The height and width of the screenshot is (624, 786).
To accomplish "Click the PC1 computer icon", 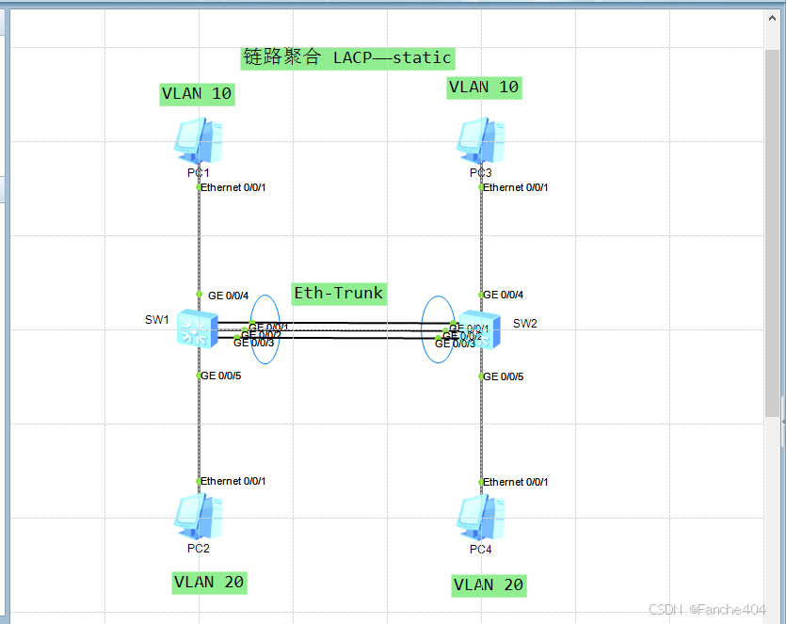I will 199,141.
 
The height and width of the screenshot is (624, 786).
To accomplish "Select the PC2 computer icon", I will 199,516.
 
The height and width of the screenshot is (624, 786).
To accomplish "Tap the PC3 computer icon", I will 481,141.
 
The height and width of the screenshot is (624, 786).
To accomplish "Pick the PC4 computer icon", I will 481,517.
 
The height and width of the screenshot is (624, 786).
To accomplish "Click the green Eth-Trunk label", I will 339,293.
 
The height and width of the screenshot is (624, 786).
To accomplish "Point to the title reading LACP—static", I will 347,57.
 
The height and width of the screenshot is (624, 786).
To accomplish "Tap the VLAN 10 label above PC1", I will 197,93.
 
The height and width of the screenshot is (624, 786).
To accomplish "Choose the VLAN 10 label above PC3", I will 484,87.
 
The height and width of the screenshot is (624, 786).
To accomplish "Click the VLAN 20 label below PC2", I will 209,582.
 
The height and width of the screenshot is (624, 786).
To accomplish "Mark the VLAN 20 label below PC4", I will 488,584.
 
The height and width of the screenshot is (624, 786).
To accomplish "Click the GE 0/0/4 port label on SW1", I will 228,296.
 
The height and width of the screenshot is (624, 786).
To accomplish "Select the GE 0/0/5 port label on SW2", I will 504,376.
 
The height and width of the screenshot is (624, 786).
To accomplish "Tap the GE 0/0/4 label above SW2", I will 504,296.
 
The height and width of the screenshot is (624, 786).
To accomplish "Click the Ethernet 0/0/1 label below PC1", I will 233,187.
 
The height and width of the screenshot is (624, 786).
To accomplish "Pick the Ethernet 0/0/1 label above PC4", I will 516,482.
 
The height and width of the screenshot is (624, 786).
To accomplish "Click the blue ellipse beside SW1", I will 265,299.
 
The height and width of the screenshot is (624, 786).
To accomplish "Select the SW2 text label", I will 525,324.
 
